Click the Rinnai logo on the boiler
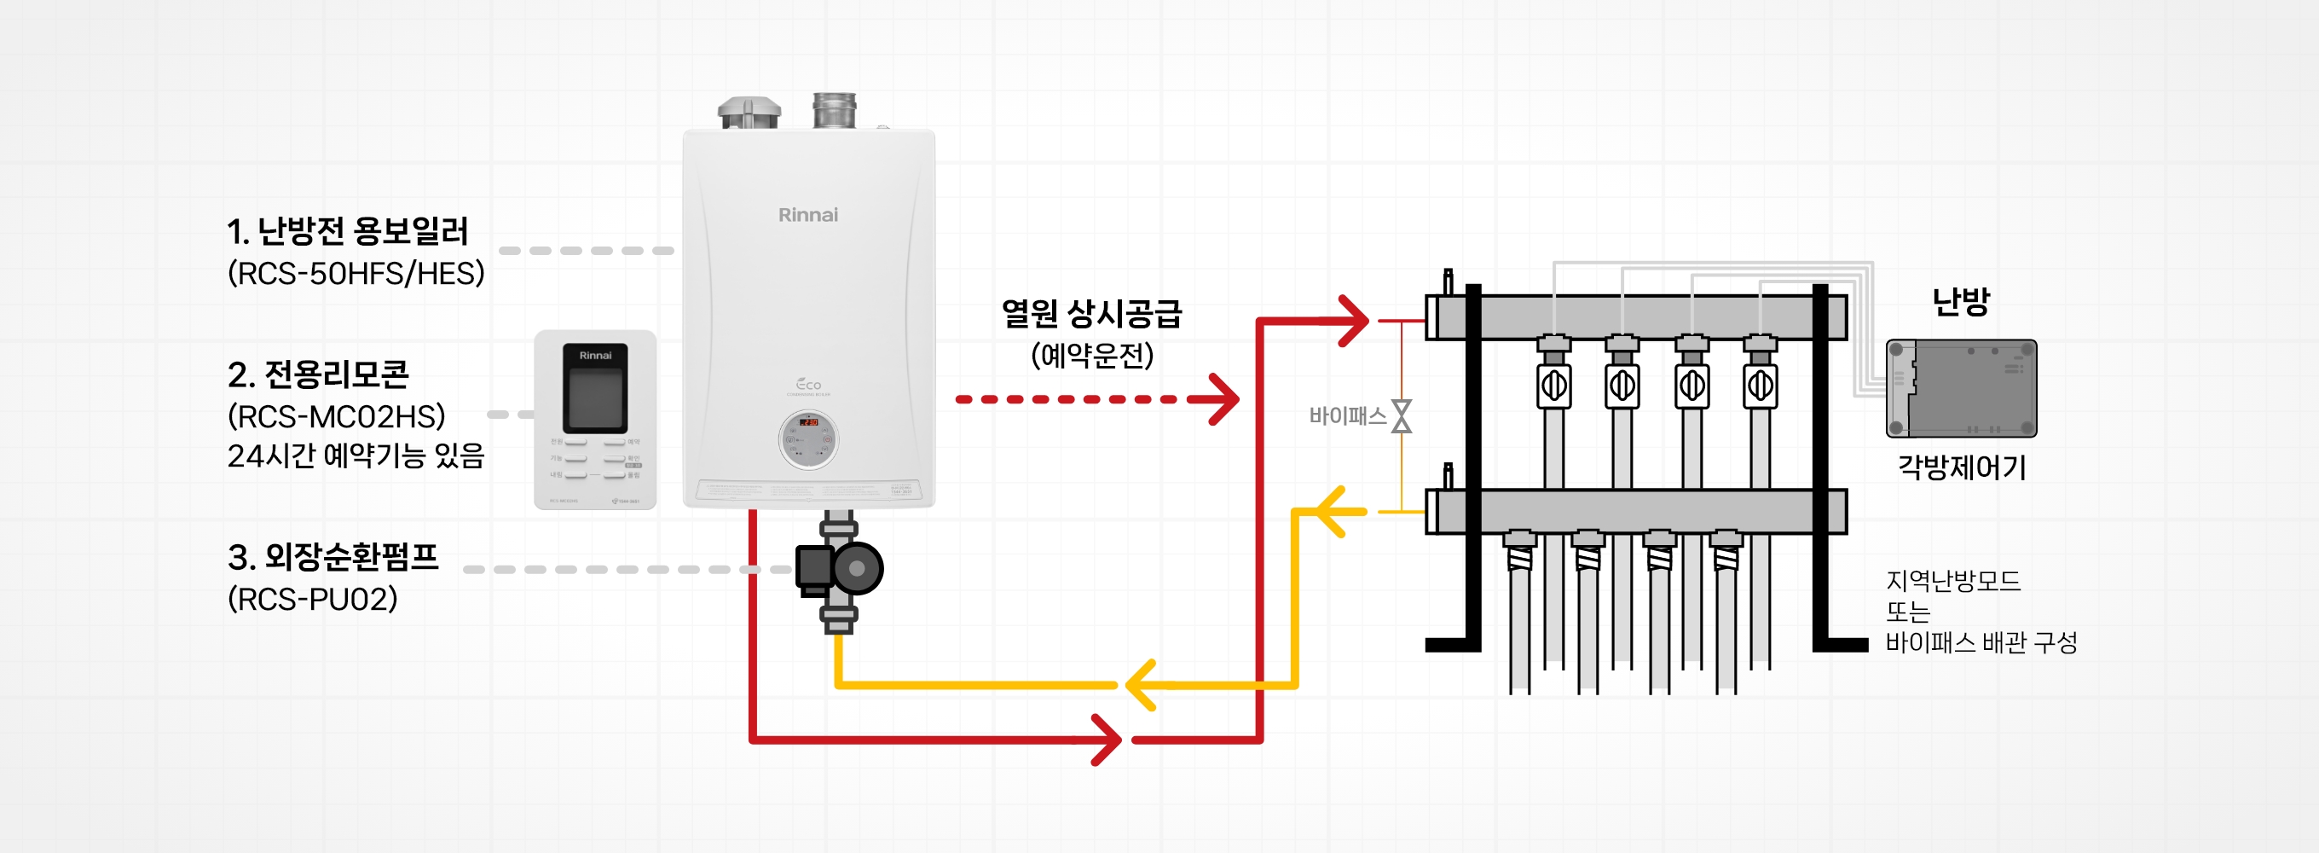(x=807, y=214)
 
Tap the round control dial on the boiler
(x=807, y=439)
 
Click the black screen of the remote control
(x=594, y=396)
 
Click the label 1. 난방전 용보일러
(x=348, y=231)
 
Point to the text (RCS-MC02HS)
(x=336, y=416)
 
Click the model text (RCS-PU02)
(x=311, y=599)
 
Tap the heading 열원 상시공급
(x=1091, y=313)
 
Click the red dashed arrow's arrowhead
(x=1223, y=398)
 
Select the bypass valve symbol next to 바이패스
(x=1402, y=416)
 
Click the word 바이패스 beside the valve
(x=1347, y=416)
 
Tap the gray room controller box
(x=1961, y=388)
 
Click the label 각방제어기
(x=1962, y=467)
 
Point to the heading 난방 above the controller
(x=1960, y=302)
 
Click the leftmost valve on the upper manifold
(x=1553, y=386)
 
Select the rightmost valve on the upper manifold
(x=1760, y=386)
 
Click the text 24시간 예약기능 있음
(x=356, y=456)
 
